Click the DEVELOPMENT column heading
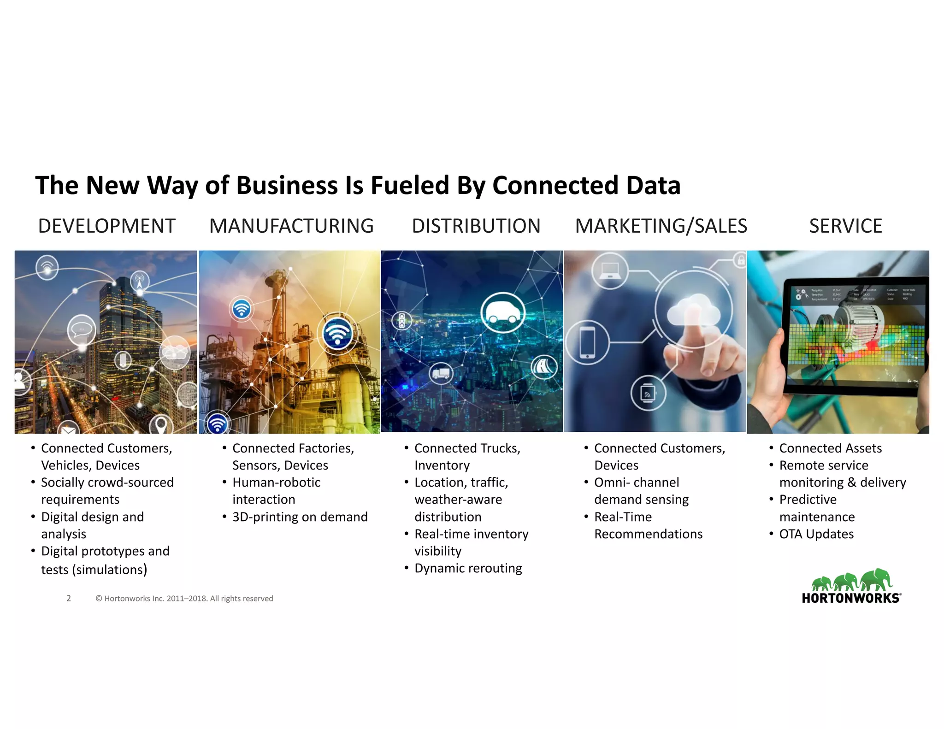[x=106, y=226]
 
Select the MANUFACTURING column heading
[x=291, y=226]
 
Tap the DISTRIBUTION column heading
[x=476, y=226]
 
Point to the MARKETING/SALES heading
[x=661, y=226]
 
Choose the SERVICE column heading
[x=845, y=226]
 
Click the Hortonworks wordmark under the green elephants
[x=851, y=598]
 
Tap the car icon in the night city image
[x=502, y=313]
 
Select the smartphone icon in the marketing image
[x=587, y=342]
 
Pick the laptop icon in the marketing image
[x=610, y=271]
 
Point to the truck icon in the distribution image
[x=441, y=372]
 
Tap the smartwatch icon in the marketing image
[x=648, y=393]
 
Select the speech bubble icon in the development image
[x=82, y=329]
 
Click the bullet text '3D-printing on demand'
[x=300, y=517]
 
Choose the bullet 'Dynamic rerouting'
[x=468, y=568]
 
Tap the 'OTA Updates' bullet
[x=816, y=534]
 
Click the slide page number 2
[x=69, y=598]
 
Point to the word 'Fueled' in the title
[x=410, y=185]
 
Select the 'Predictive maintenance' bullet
[x=816, y=508]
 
